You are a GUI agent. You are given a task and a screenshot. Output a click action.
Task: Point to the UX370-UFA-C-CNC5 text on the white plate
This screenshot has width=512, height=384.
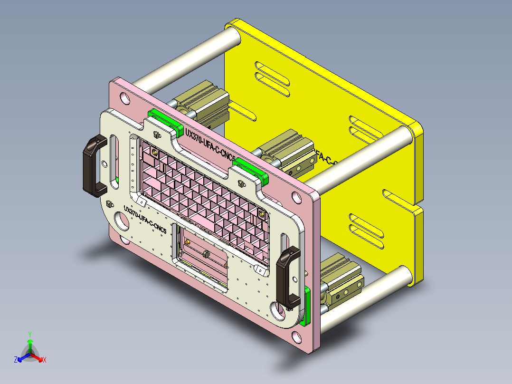click(x=145, y=219)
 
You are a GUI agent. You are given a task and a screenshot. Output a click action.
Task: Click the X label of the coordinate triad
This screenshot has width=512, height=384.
click(x=45, y=360)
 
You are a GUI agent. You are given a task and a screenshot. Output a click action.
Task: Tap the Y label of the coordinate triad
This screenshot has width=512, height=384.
click(x=29, y=334)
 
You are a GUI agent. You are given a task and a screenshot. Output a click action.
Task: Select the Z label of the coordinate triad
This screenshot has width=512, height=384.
click(x=16, y=360)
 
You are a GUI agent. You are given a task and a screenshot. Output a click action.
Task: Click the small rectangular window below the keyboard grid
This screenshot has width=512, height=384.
click(x=202, y=257)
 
